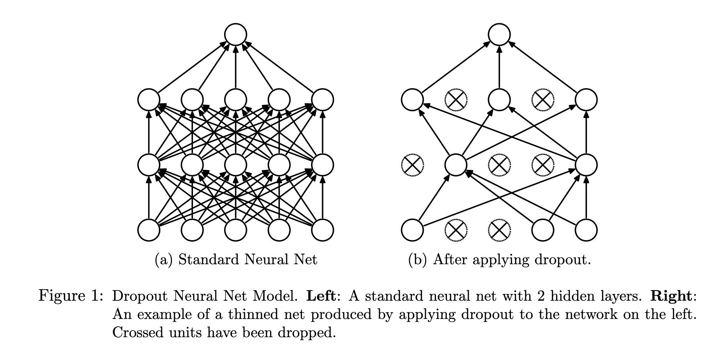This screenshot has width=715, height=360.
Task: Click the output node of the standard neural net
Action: pyautogui.click(x=235, y=35)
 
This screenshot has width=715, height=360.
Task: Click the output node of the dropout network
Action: pyautogui.click(x=499, y=35)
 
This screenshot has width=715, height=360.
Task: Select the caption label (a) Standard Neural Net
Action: pyautogui.click(x=236, y=260)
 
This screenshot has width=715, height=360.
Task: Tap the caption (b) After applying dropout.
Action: pyautogui.click(x=500, y=260)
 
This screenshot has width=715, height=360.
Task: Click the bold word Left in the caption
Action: pyautogui.click(x=321, y=296)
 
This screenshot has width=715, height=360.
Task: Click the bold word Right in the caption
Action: pyautogui.click(x=670, y=296)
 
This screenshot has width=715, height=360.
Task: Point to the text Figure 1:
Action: pyautogui.click(x=71, y=296)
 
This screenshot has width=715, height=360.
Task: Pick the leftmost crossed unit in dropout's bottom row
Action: pyautogui.click(x=456, y=230)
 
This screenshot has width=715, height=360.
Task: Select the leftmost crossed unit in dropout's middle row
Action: pyautogui.click(x=412, y=165)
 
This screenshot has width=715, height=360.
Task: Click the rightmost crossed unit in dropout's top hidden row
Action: pyautogui.click(x=542, y=100)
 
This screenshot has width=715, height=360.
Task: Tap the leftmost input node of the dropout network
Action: pyautogui.click(x=412, y=230)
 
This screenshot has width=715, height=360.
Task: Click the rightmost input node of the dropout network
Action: pyautogui.click(x=586, y=230)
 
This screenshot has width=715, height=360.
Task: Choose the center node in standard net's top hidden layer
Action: pyautogui.click(x=235, y=100)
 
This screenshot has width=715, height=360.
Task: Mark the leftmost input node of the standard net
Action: pyautogui.click(x=149, y=230)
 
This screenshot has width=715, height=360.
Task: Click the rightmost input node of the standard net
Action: pyautogui.click(x=322, y=230)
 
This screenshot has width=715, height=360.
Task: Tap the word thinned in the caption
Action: pyautogui.click(x=250, y=314)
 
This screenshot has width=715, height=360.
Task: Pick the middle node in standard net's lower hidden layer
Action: pyautogui.click(x=235, y=165)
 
